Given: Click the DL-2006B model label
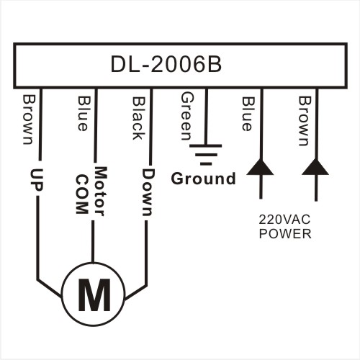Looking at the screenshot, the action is coord(166,65).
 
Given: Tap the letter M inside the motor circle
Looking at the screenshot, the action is coord(94,295).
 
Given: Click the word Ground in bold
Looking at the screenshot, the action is coord(204,179).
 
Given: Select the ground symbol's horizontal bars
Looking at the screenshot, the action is coord(205,155).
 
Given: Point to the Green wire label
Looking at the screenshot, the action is coord(187,117).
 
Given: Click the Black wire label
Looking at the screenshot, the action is coord(139,118).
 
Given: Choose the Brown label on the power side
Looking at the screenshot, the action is coord(305,121).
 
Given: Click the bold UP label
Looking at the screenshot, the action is coord(37,180).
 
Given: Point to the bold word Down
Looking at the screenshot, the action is coord(147,192).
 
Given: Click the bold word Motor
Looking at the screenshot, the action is coord(100,192).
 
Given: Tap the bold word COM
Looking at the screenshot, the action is coord(82,194).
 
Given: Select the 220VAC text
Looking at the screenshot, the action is coord(284,220).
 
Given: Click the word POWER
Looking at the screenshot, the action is coord(285,233).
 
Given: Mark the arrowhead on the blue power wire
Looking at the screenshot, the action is coord(260,167).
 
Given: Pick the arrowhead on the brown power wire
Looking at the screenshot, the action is coord(315,167).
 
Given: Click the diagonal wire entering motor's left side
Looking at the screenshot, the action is coord(50,289).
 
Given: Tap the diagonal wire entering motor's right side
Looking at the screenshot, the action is coord(135,292).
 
